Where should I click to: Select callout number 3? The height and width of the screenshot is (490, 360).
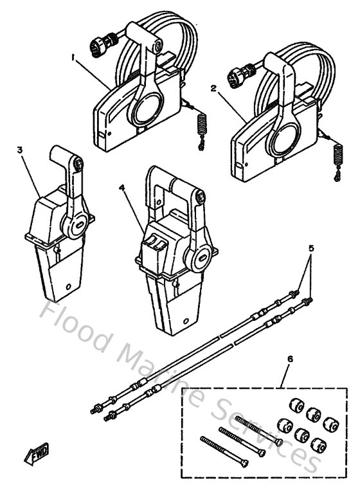(20, 150)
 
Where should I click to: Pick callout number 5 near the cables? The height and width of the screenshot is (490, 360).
(311, 248)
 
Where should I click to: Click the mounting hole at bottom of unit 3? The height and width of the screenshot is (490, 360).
(68, 284)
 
